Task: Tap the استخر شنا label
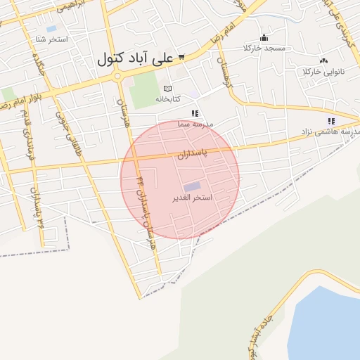53,39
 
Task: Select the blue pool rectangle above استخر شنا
51,29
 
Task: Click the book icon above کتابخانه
167,89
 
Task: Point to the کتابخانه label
167,99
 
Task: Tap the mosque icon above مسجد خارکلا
264,38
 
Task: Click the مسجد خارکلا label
264,48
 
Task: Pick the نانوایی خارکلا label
321,72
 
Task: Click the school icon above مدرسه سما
195,113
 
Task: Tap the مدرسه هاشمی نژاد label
330,131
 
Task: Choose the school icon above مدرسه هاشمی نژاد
330,121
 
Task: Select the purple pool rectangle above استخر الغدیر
191,186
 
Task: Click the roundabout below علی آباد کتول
117,76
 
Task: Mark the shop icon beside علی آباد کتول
181,56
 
